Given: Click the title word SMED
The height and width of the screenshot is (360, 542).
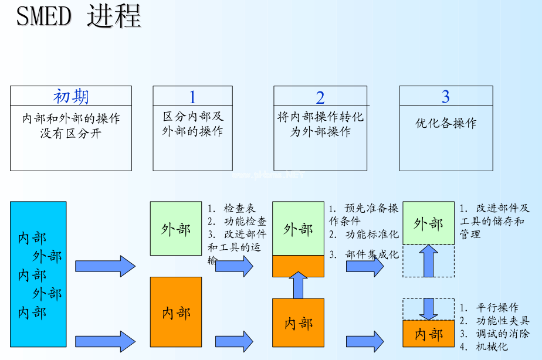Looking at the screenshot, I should tap(43, 16).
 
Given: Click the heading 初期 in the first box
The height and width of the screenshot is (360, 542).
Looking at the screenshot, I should tap(70, 96).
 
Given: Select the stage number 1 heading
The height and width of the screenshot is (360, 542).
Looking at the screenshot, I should tap(192, 97).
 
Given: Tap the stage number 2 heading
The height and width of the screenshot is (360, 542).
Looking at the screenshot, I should tap(320, 97).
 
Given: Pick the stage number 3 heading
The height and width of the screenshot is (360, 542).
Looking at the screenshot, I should tap(446, 96).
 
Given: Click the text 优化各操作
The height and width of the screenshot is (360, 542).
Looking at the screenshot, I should tap(446, 124).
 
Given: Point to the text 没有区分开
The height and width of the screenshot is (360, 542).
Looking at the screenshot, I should tap(70, 133).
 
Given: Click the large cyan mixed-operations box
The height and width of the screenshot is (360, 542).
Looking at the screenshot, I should tap(38, 274).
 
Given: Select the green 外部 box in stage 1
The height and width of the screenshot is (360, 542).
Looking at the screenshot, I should tap(176, 229).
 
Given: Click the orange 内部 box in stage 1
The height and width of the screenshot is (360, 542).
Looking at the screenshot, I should tap(176, 312).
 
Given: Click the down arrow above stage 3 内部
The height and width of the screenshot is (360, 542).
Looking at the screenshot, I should tap(429, 308).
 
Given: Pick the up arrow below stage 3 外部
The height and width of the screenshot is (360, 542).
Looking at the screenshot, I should tap(429, 261).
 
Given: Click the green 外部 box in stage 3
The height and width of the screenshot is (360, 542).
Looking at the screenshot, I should tap(428, 223).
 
